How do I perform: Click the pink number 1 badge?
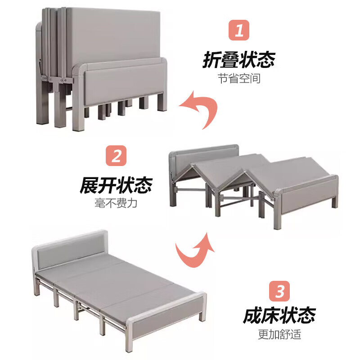(x=239, y=31)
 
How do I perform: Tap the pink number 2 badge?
(x=116, y=156)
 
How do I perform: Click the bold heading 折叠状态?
(x=239, y=59)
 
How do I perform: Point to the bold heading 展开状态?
(x=116, y=184)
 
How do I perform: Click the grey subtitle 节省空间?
(x=239, y=79)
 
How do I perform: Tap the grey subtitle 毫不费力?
(x=116, y=203)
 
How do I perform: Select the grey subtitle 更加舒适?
(x=279, y=334)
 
